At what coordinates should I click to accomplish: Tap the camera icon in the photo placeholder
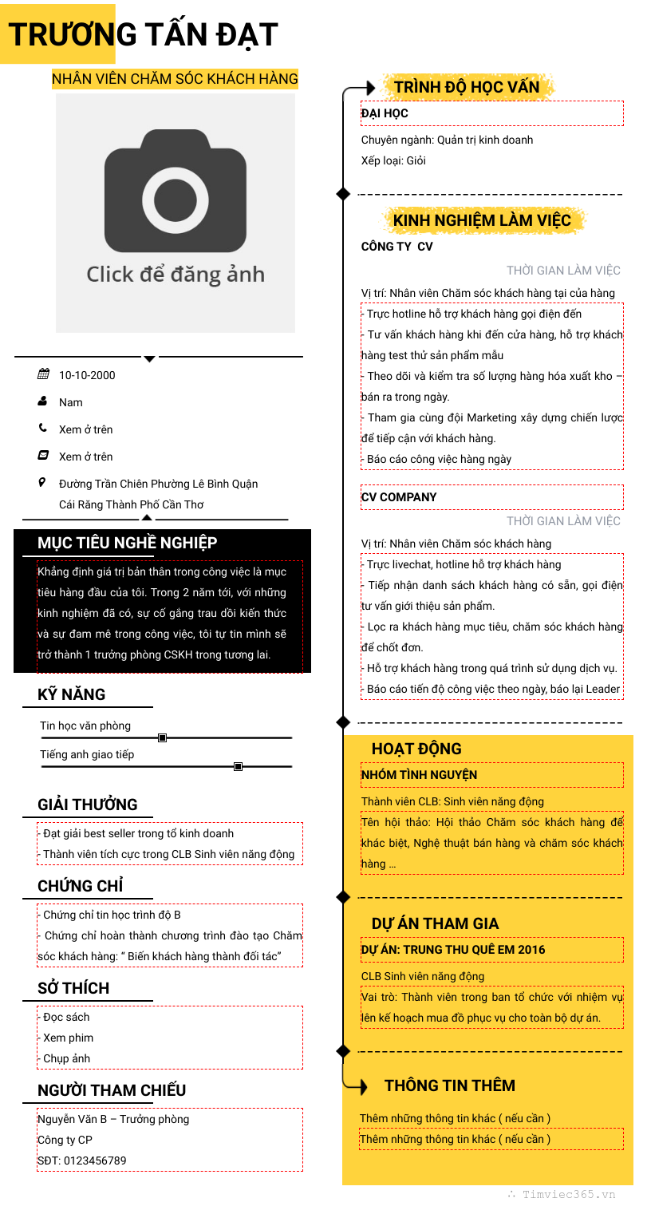coord(176,192)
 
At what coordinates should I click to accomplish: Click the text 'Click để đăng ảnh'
coord(176,275)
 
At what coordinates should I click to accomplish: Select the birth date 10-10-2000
coord(87,375)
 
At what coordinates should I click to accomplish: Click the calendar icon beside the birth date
coord(44,374)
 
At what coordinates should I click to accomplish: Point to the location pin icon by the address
coord(43,483)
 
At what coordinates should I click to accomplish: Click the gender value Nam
coord(70,402)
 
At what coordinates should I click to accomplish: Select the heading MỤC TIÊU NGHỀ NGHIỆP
coord(128,543)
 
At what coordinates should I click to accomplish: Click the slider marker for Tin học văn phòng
coord(162,738)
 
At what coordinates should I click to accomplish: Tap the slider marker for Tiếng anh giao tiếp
coord(238,767)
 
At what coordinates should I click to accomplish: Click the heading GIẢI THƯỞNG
coord(88,805)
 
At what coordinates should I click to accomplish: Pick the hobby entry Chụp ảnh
coord(66,1058)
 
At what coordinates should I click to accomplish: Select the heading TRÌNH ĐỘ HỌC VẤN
coord(467,87)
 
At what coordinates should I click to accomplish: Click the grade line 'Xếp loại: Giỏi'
coord(393,160)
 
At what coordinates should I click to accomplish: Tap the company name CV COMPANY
coord(399,497)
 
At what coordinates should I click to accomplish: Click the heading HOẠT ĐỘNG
coord(416,749)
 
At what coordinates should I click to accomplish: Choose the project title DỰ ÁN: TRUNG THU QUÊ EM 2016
coord(453,950)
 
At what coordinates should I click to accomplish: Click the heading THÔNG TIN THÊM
coord(450,1085)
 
